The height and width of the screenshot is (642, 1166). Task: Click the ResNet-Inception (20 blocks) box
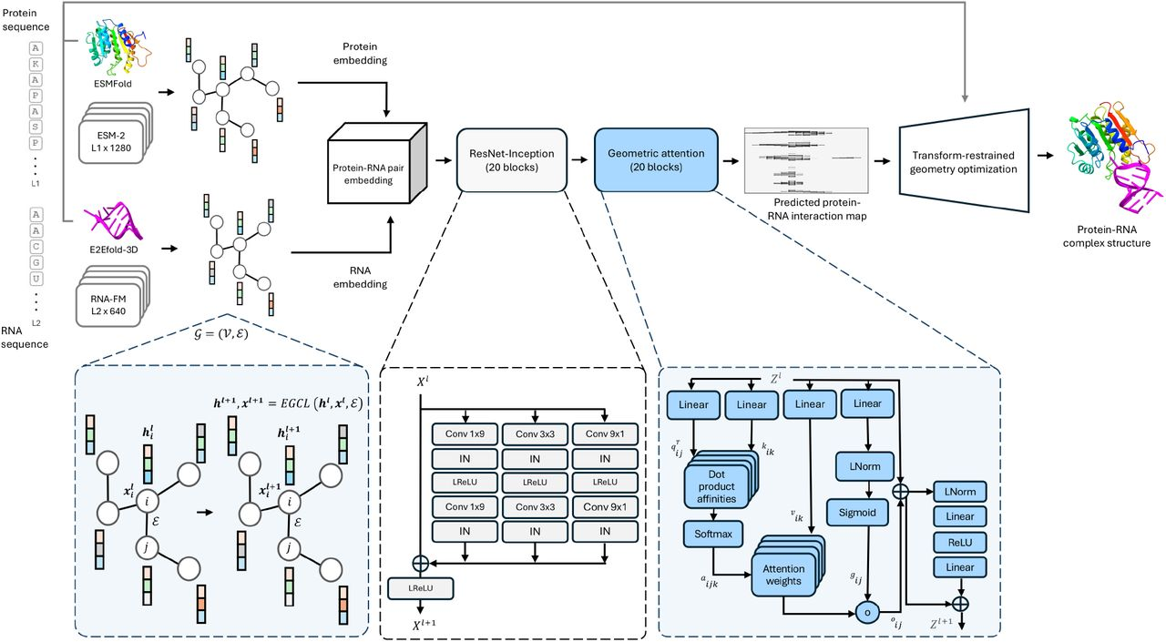pos(505,159)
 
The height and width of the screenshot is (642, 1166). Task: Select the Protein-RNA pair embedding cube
pos(367,168)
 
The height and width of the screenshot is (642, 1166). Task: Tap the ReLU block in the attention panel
pos(959,542)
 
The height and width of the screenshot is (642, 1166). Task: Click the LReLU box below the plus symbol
pos(422,590)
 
